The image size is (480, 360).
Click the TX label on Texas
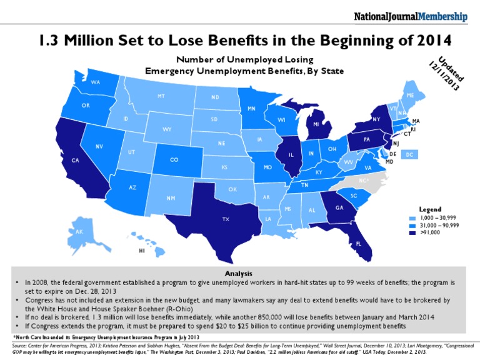point(226,219)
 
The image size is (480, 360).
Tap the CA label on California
point(75,161)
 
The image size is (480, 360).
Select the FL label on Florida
point(359,243)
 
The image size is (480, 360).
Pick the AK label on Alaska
point(79,232)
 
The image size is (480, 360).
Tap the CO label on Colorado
point(174,159)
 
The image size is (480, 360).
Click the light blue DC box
point(410,154)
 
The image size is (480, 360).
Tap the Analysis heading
point(240,274)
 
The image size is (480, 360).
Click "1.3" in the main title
point(49,41)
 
